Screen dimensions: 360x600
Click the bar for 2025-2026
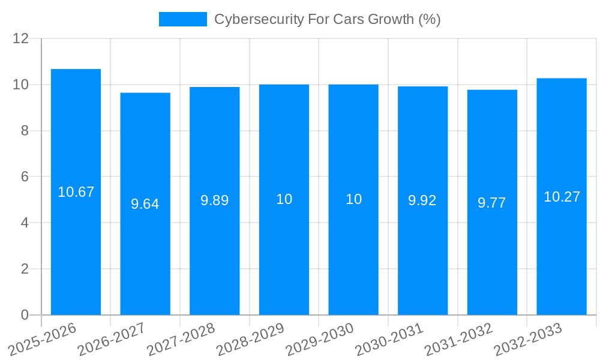[x=76, y=192]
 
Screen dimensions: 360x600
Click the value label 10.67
[x=76, y=192]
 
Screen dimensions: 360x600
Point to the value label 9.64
[x=145, y=204]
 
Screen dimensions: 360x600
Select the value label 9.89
[x=215, y=200]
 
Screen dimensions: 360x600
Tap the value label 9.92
[x=422, y=200]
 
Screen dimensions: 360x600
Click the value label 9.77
[x=492, y=203]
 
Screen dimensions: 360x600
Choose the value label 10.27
[x=562, y=197]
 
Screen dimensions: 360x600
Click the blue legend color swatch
[x=182, y=19]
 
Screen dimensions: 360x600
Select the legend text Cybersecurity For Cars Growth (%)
[x=328, y=19]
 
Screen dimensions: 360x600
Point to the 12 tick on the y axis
[x=21, y=38]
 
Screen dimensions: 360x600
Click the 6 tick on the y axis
[x=25, y=177]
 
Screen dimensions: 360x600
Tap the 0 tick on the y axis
[x=25, y=315]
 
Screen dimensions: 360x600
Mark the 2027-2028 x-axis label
[x=181, y=340]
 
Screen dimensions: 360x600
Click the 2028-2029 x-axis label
[x=250, y=340]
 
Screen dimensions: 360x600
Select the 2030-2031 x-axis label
[x=389, y=340]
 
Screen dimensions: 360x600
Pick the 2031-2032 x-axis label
[x=459, y=340]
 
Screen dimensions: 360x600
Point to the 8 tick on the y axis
[x=25, y=131]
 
